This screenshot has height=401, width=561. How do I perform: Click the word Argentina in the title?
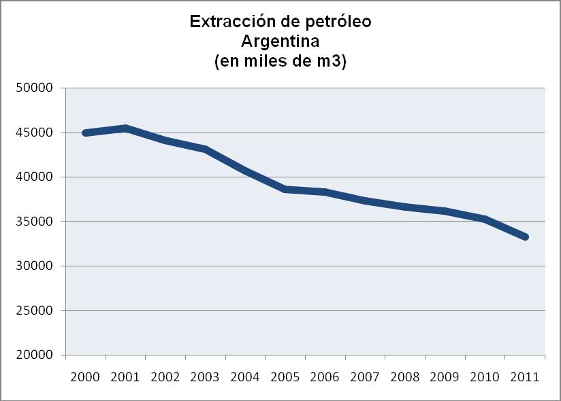[280, 41]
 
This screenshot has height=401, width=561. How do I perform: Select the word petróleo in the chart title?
[338, 22]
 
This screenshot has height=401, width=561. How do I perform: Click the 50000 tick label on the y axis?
[34, 88]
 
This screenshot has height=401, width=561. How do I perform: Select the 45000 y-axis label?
[34, 133]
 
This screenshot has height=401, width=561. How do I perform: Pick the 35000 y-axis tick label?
[34, 222]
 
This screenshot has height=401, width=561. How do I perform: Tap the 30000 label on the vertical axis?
[34, 266]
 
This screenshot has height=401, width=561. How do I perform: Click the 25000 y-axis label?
[34, 311]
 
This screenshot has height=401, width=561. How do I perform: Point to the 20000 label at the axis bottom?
[34, 355]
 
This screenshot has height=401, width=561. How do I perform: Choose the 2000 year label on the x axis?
[85, 377]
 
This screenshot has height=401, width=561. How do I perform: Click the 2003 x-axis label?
[205, 377]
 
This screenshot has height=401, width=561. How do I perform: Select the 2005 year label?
[285, 377]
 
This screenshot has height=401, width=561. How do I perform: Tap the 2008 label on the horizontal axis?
[404, 377]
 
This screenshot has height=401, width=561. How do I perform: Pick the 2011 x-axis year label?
[524, 377]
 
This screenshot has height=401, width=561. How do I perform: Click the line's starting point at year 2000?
[86, 133]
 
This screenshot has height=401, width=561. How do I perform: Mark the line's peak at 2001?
[126, 128]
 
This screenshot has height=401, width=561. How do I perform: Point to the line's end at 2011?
[525, 237]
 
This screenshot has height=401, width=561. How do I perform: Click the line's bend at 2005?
[285, 189]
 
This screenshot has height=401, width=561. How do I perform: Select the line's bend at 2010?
[485, 219]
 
